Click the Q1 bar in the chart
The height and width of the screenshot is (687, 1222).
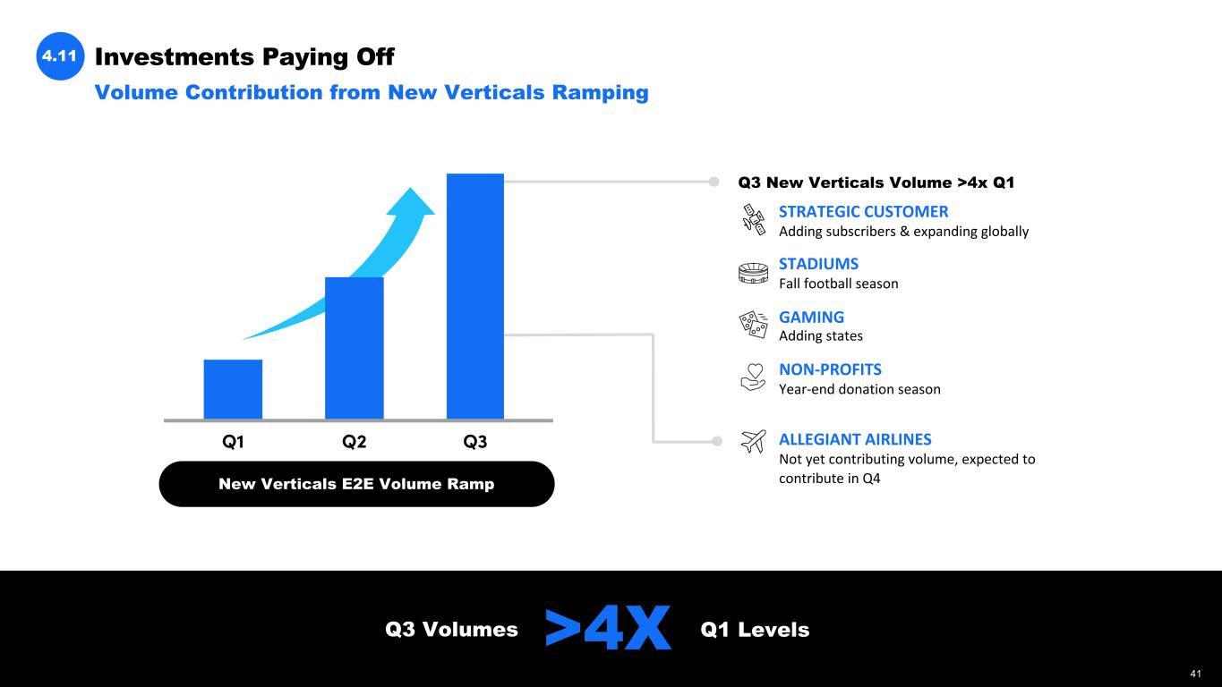point(233,389)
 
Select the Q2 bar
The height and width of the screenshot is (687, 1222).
point(354,348)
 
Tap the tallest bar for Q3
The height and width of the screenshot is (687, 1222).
point(475,296)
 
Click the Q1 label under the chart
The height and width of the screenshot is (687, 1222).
point(233,441)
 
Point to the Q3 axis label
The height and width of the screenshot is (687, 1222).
point(475,441)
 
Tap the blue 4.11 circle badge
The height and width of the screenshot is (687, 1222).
point(60,56)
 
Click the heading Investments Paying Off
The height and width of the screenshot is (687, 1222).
point(244,56)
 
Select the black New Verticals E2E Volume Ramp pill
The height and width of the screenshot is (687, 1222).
point(357,484)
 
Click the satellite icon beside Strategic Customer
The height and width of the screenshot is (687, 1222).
point(754,220)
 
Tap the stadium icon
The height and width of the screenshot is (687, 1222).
point(754,273)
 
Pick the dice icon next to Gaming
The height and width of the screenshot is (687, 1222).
point(754,325)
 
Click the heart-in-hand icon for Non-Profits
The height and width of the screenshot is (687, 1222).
point(754,377)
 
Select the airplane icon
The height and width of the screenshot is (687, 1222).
point(754,441)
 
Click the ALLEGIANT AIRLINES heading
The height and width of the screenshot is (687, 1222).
point(855,439)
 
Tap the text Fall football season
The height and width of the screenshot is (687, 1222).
point(839,284)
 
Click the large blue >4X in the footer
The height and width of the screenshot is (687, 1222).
point(608,628)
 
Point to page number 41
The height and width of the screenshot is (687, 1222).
point(1195,674)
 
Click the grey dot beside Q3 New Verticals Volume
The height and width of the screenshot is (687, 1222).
point(714,182)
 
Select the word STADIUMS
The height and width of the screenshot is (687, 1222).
point(818,264)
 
